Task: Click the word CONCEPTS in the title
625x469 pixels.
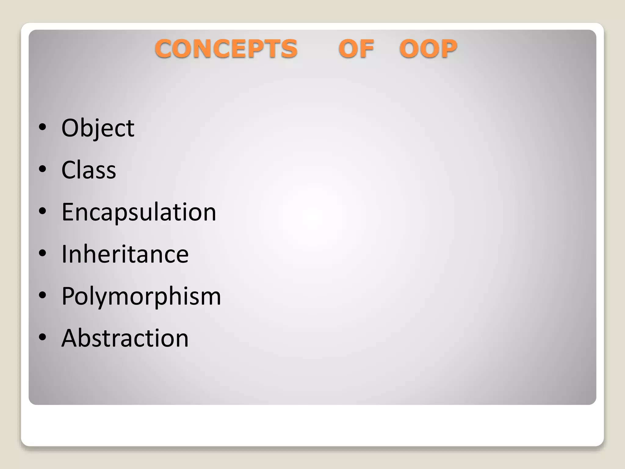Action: (226, 49)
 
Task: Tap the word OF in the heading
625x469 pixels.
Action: (356, 49)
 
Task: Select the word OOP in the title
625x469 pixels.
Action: (428, 49)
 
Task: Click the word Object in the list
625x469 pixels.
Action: (98, 128)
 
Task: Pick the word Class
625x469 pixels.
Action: (89, 170)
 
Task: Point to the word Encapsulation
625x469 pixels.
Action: (139, 212)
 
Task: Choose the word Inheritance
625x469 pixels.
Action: (125, 254)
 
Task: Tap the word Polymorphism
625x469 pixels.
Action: (141, 296)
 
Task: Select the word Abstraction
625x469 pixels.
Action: (125, 338)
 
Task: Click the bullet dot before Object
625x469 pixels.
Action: (43, 127)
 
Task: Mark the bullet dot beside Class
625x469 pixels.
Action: (43, 169)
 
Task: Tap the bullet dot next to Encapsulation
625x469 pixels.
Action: (43, 211)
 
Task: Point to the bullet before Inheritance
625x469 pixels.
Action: (43, 253)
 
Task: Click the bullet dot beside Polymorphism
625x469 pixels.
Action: (43, 295)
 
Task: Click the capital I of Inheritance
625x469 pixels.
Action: (64, 254)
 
